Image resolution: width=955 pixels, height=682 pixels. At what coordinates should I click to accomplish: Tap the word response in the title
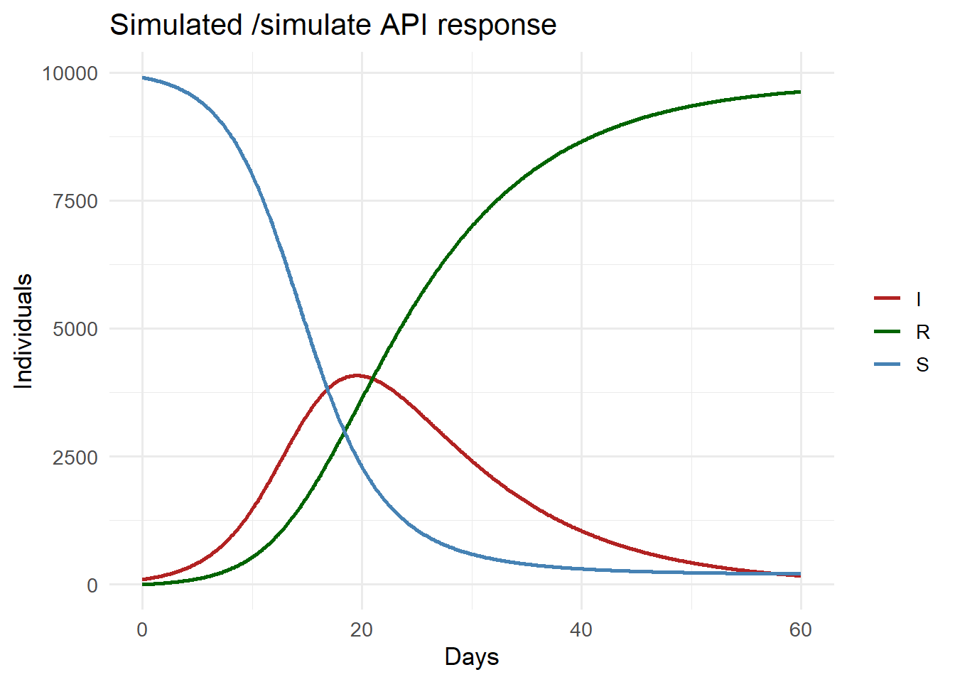497,25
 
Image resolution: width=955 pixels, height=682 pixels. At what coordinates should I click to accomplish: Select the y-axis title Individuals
24,331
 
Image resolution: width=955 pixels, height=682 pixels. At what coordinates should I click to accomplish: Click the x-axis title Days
471,656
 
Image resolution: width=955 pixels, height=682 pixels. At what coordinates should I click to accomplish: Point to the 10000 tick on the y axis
70,73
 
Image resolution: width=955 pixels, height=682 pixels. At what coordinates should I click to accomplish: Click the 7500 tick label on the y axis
75,201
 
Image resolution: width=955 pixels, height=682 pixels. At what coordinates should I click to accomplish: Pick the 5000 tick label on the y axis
75,329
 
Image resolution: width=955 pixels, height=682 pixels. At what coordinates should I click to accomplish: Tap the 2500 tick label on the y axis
75,458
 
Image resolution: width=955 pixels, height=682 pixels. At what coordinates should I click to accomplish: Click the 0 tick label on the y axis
92,585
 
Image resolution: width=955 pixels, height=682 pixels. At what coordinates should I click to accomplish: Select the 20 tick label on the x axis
362,630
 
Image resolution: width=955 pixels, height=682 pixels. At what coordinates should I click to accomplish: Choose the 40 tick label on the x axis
581,630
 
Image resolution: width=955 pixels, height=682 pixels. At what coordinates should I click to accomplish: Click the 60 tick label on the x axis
801,630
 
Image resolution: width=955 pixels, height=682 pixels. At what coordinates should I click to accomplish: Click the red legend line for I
887,299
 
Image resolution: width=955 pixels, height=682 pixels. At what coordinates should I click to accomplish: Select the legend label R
922,332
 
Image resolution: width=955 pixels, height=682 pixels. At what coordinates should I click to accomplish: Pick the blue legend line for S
887,364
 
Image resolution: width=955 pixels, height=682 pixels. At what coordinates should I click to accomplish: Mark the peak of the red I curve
356,375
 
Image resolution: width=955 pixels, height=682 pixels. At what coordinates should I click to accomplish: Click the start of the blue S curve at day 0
143,77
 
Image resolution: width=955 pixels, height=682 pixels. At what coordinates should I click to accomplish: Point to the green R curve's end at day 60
800,92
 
